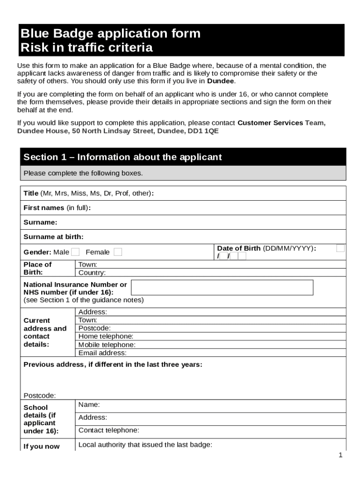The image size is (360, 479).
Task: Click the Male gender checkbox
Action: (75, 252)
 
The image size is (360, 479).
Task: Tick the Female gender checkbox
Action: (118, 252)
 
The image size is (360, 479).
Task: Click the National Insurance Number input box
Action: (222, 288)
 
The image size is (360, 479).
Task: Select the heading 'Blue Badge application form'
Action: (110, 34)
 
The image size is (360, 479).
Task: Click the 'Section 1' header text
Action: (122, 157)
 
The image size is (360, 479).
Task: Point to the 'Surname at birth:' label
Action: (53, 237)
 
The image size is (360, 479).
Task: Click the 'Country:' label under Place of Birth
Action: (92, 273)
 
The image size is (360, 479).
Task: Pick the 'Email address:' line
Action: (102, 353)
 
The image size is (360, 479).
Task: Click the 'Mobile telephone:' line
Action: (107, 345)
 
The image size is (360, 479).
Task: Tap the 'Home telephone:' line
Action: (106, 336)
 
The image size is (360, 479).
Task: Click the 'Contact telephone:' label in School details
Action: (109, 430)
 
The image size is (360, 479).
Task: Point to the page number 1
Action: (341, 455)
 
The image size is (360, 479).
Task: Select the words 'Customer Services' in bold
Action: (270, 123)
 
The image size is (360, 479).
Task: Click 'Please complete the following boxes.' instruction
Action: (83, 173)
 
